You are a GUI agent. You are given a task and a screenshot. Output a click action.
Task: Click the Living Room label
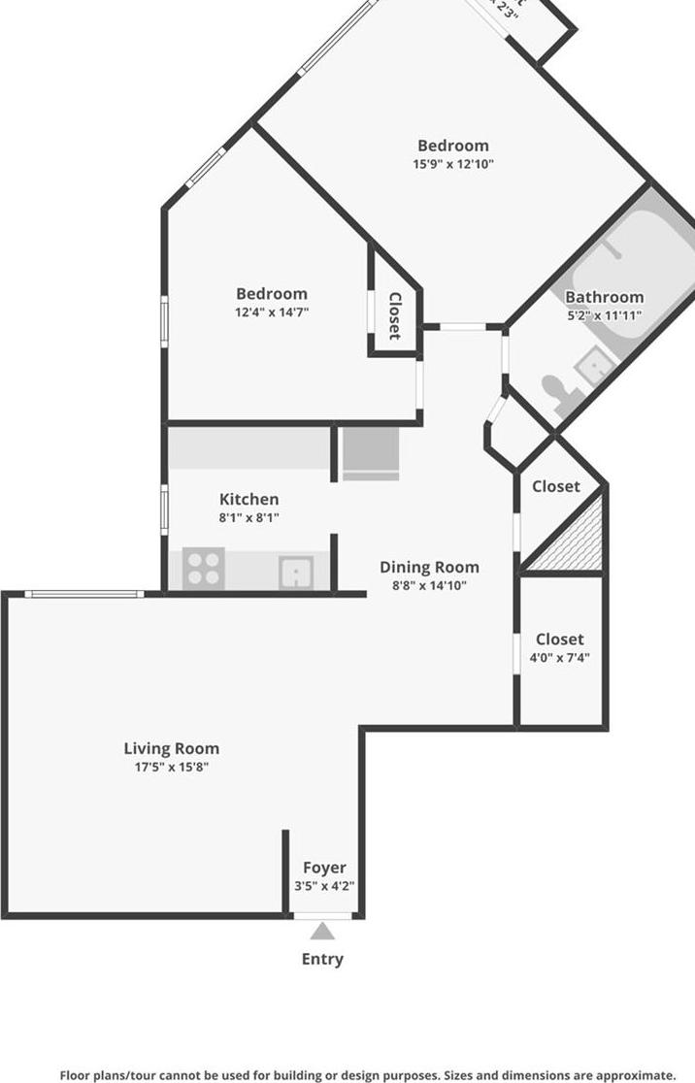tap(171, 748)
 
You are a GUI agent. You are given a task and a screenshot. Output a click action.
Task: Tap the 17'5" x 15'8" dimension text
tap(171, 767)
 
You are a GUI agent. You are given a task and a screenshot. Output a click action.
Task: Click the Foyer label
tap(324, 868)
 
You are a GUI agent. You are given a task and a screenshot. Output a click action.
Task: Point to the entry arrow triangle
tap(322, 932)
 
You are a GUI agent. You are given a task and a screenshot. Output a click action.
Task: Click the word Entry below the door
tap(322, 959)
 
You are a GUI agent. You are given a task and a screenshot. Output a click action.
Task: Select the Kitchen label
tap(248, 500)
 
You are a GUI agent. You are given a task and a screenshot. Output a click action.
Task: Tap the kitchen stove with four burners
tap(204, 568)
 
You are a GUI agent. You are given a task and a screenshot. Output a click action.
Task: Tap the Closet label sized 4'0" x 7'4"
tap(560, 640)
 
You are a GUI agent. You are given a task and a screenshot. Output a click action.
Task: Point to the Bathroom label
tap(604, 297)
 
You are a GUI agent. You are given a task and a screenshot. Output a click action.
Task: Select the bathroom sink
tap(593, 366)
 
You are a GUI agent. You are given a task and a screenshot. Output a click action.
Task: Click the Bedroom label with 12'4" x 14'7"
tap(272, 293)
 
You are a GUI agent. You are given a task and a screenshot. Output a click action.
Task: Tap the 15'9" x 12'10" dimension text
tap(453, 164)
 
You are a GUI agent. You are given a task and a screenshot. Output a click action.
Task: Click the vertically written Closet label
tap(395, 316)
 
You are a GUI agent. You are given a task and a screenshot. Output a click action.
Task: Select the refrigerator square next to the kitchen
tap(370, 453)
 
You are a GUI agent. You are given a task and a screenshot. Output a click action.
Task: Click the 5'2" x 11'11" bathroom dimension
tap(604, 315)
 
